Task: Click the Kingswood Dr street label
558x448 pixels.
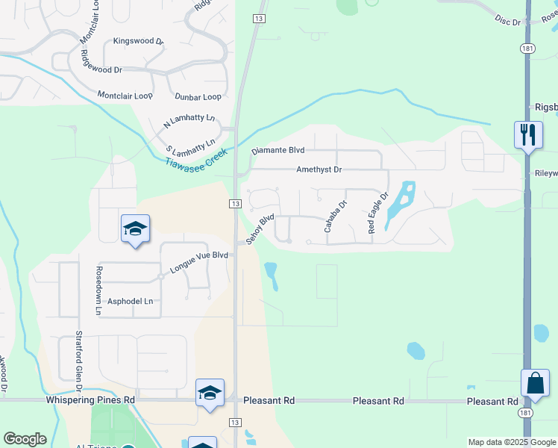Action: tap(138, 42)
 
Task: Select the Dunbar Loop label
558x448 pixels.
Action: tap(198, 97)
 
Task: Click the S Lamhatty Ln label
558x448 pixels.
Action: tap(190, 142)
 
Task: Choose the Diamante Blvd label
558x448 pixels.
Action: tap(279, 150)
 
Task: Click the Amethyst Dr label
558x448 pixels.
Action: tap(319, 170)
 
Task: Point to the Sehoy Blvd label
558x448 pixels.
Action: tap(260, 227)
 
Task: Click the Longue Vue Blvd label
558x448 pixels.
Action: tap(198, 262)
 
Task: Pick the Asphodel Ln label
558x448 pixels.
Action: tap(131, 301)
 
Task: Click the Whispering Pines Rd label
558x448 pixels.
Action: tap(90, 400)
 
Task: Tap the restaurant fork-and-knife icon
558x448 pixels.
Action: tap(527, 135)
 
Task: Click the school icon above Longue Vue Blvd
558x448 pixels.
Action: tap(135, 229)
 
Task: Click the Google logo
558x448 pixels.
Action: tap(25, 439)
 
